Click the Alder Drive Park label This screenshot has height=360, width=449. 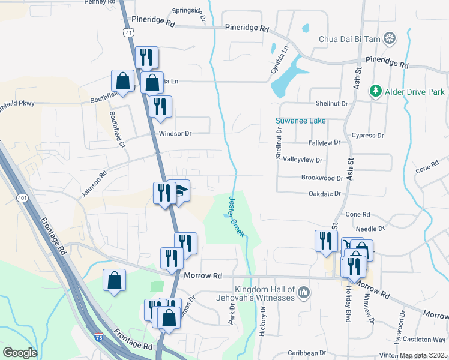415,92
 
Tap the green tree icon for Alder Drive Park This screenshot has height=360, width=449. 376,91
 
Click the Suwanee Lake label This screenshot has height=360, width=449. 300,121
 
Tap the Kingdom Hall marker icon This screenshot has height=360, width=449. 304,293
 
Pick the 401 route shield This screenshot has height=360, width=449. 23,197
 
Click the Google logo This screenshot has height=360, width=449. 20,353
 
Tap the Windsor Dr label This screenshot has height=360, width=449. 174,133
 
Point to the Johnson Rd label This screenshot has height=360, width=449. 94,184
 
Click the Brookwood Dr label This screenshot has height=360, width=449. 322,178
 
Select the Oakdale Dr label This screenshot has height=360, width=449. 324,194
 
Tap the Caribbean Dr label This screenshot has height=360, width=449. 306,353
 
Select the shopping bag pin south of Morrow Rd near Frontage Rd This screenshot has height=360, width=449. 114,280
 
